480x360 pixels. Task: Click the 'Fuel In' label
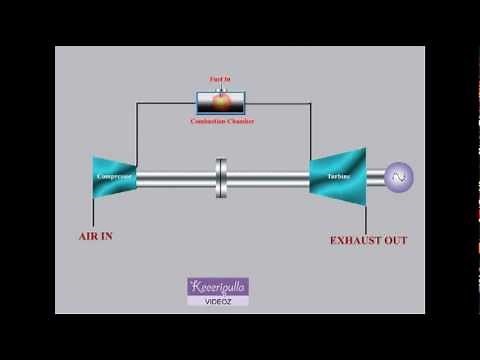click(220, 78)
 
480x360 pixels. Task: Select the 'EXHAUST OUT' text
click(368, 240)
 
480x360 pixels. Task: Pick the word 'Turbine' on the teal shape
click(338, 178)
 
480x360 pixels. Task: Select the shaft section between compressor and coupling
click(175, 178)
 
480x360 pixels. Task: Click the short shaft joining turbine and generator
click(374, 178)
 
